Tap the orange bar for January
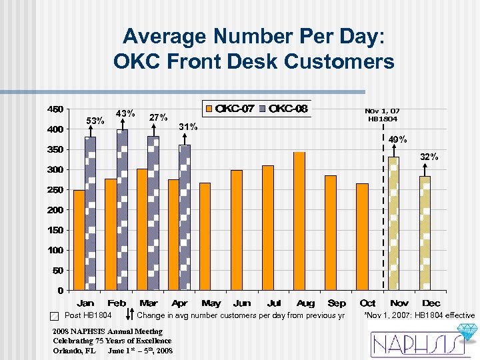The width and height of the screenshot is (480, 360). coord(79,240)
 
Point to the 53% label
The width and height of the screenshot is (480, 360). coord(97,121)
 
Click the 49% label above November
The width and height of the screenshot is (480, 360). coord(397,139)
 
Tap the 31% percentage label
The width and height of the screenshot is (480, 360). coord(189,127)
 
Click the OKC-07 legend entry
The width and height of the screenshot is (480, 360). coord(230,109)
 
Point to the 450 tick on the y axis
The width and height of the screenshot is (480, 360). coord(55,109)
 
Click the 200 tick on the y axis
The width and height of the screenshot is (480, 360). coord(55,210)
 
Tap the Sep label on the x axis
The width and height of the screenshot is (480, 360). coord(337,303)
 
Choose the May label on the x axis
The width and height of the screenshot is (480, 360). coord(211,303)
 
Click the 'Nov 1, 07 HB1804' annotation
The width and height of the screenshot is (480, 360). coord(381,115)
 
